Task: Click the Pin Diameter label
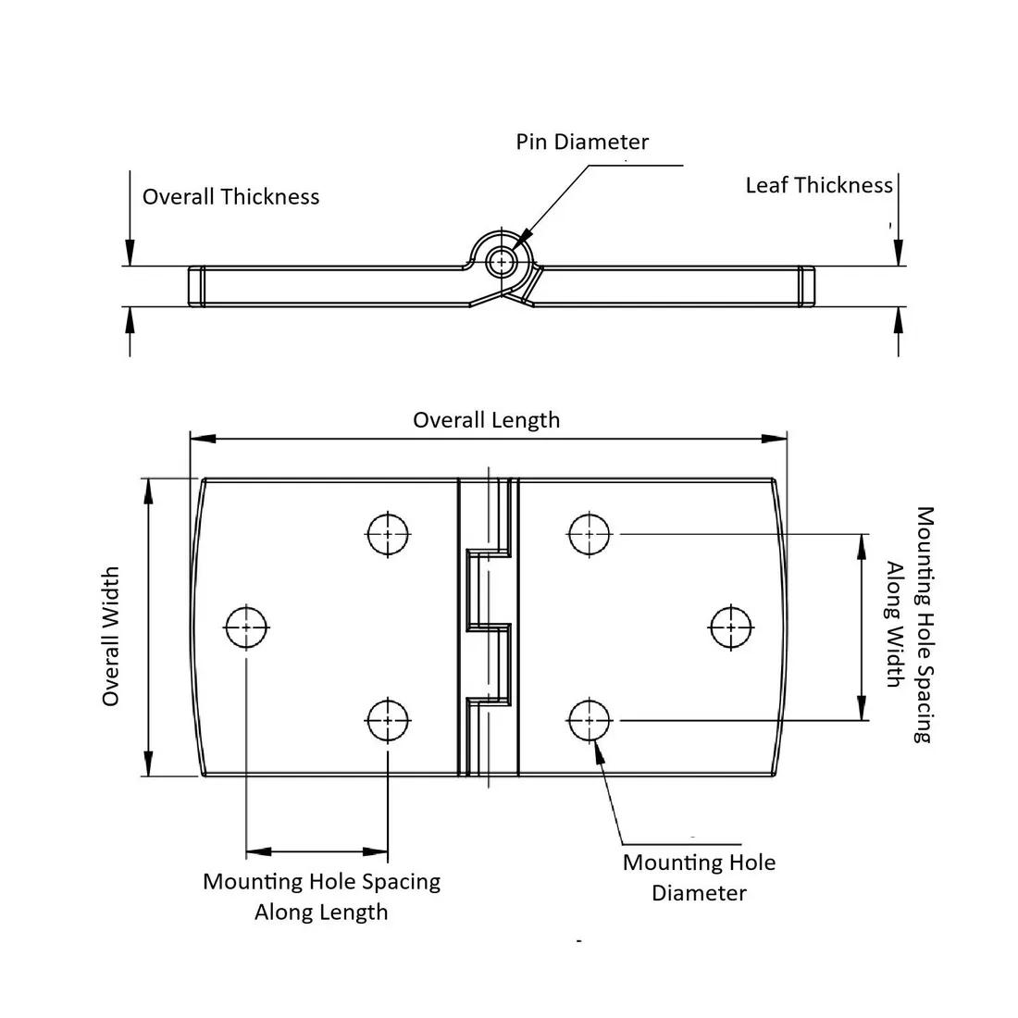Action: (582, 142)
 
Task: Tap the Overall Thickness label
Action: (230, 196)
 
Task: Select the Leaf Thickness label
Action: (819, 185)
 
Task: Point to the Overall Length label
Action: (486, 420)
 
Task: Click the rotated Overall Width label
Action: (111, 637)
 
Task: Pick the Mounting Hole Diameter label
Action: (699, 877)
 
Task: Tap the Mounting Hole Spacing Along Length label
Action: (321, 896)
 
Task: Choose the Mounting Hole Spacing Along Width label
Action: (908, 624)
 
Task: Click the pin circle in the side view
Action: (503, 262)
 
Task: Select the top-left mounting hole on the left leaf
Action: (388, 534)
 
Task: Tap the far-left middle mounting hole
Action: (246, 627)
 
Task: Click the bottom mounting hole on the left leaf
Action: (388, 720)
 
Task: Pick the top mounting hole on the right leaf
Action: (590, 534)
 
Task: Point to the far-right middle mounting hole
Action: (731, 627)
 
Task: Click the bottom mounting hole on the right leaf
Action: (590, 720)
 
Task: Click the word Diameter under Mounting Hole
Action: (699, 893)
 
